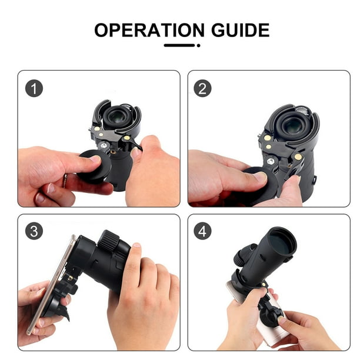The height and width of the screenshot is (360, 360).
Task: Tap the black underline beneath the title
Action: pyautogui.click(x=180, y=45)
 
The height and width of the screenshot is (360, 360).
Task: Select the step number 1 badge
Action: pyautogui.click(x=34, y=88)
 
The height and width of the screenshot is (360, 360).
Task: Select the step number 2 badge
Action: pyautogui.click(x=204, y=88)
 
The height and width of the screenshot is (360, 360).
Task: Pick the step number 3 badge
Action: pyautogui.click(x=34, y=231)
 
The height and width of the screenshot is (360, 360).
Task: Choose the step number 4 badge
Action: pyautogui.click(x=204, y=231)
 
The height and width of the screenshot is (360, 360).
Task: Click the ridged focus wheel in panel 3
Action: pyautogui.click(x=109, y=241)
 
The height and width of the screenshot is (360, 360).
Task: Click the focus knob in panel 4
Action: pyautogui.click(x=242, y=259)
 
